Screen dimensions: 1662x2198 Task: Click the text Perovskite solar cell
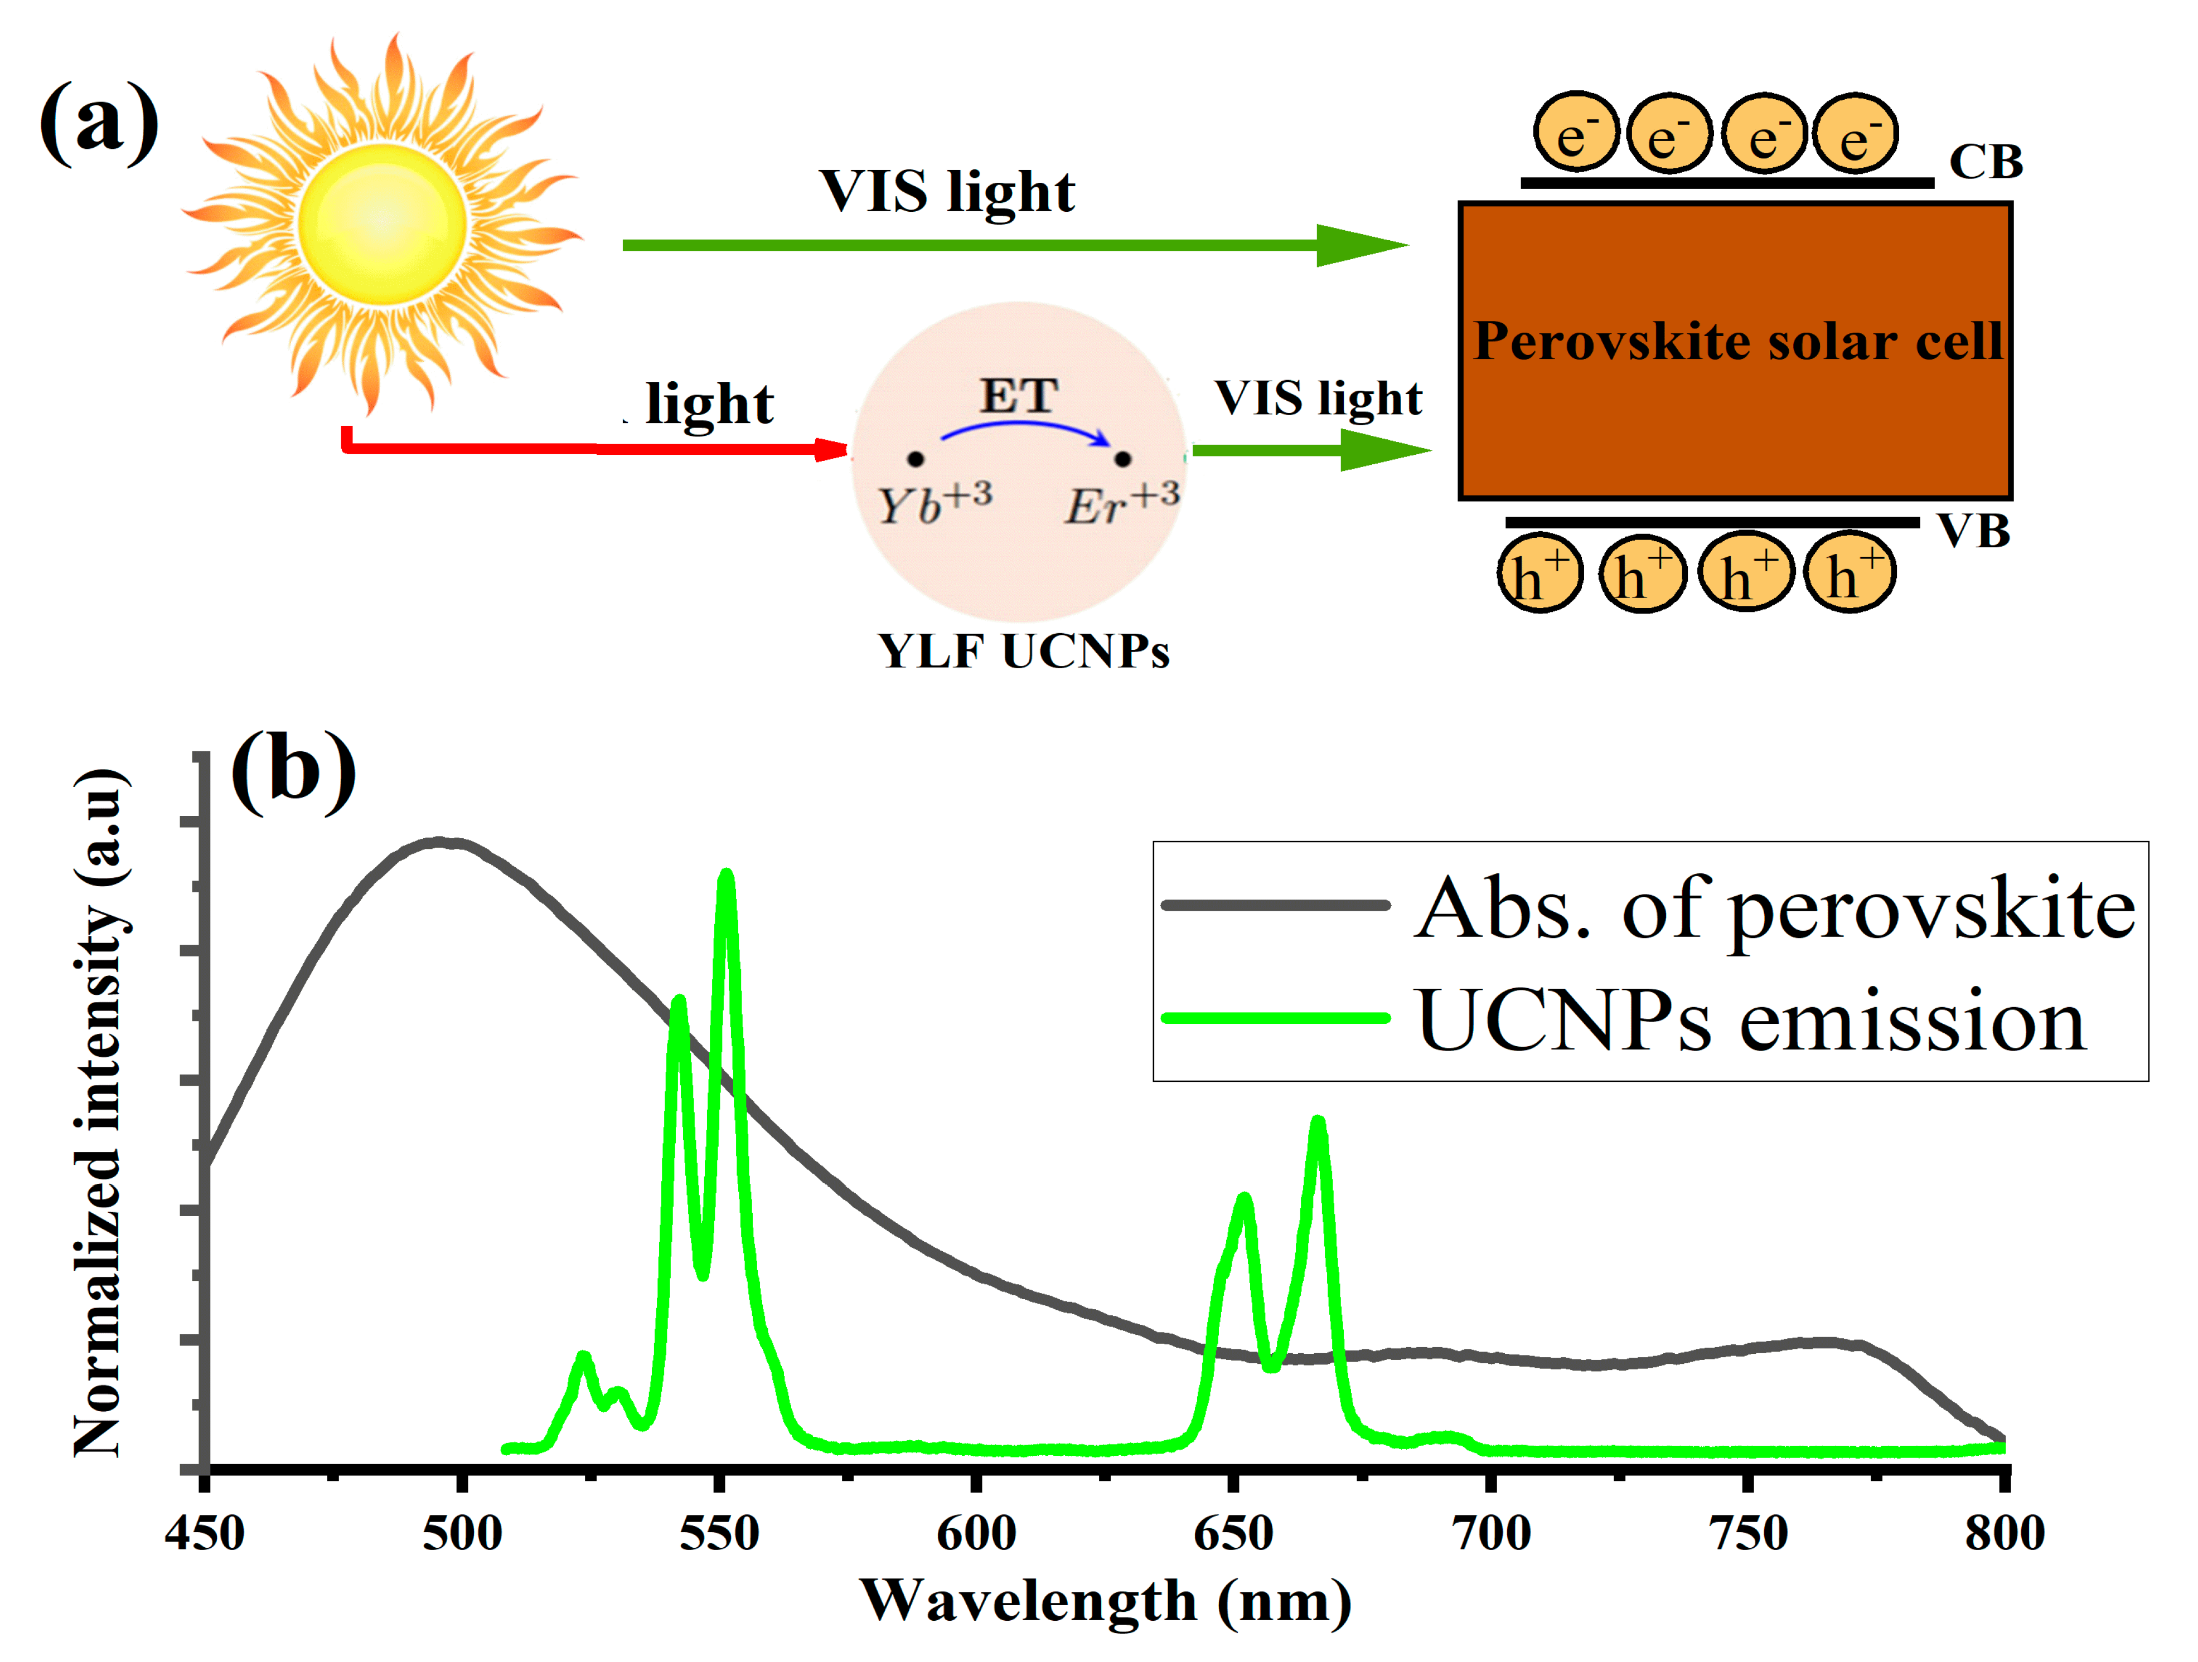[1737, 341]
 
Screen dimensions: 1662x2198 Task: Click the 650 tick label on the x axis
[1233, 1533]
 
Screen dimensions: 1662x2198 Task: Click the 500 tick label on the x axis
[462, 1533]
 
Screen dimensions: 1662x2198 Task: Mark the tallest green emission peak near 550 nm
[727, 878]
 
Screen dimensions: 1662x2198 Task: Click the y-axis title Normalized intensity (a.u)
[99, 1112]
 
